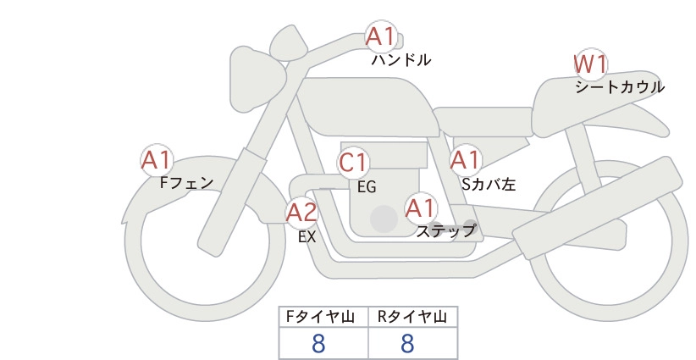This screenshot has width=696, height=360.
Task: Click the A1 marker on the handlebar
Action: [381, 36]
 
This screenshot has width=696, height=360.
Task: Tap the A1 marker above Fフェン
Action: [157, 161]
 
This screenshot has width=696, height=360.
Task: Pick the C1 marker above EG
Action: [353, 163]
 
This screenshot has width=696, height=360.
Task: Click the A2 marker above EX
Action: [301, 213]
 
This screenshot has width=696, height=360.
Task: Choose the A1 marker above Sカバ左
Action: [466, 160]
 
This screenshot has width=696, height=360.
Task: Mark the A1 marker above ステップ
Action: [421, 208]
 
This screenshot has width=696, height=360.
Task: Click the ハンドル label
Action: [401, 60]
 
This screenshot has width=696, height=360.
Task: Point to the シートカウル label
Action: [620, 87]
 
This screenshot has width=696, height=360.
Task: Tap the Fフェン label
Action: [186, 183]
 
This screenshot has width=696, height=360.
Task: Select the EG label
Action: [367, 187]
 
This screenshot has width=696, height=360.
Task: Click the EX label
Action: [307, 237]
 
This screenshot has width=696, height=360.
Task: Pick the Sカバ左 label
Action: [489, 184]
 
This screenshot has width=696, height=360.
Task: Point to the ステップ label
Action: [446, 231]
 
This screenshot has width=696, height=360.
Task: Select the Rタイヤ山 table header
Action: [412, 317]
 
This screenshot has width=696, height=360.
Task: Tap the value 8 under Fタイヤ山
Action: [318, 344]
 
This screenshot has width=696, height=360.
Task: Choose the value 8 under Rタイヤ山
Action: [407, 344]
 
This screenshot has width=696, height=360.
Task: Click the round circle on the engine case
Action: [384, 219]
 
